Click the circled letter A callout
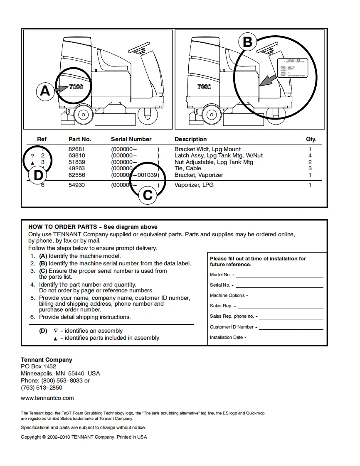click(45, 90)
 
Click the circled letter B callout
click(247, 42)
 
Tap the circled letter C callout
click(148, 195)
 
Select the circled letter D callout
click(38, 175)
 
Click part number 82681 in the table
click(76, 149)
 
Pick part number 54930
click(76, 185)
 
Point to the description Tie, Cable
click(187, 168)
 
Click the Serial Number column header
click(131, 139)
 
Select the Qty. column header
click(311, 139)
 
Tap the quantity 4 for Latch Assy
click(310, 155)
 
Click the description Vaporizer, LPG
click(194, 185)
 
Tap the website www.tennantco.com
click(47, 398)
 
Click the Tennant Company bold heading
click(47, 360)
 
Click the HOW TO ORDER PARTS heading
click(93, 227)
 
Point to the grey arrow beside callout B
click(266, 80)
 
